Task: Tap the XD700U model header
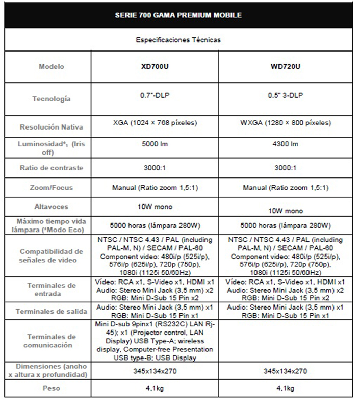[155, 67]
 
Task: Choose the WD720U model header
[286, 67]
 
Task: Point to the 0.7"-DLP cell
[155, 95]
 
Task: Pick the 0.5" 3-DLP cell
[286, 95]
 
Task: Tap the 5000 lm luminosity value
[155, 144]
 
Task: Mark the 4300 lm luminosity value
[286, 144]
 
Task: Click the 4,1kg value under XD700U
[155, 388]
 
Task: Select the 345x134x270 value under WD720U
[286, 371]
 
